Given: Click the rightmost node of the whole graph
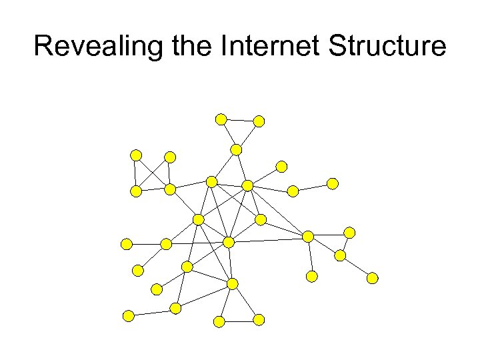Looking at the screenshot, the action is click(x=373, y=278).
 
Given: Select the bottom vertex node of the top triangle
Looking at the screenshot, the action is click(x=237, y=149).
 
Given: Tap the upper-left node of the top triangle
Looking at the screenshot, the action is click(x=221, y=119).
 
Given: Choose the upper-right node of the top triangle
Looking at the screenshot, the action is click(x=259, y=121).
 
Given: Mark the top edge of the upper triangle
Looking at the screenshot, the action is click(x=240, y=121).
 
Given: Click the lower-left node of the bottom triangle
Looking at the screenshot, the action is click(x=219, y=321).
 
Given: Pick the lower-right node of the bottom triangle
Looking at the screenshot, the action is click(x=259, y=320).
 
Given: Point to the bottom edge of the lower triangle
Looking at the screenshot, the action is click(x=239, y=321).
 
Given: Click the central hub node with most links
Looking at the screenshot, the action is click(x=229, y=243).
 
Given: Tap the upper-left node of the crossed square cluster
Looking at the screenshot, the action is click(x=136, y=155).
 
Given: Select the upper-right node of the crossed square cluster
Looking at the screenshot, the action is click(x=170, y=157).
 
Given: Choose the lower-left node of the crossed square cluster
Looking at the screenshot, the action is click(x=136, y=191).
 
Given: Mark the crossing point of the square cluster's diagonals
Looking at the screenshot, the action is click(x=153, y=173).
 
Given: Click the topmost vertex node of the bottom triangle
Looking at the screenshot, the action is click(x=232, y=284).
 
